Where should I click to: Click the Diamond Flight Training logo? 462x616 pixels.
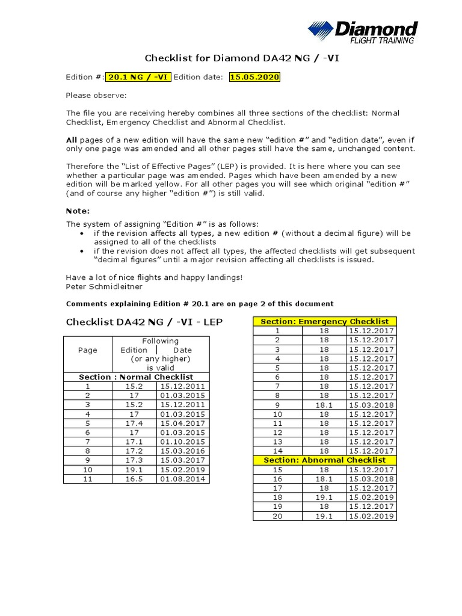tap(362, 32)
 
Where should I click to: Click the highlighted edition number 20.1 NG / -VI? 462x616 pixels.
tap(138, 77)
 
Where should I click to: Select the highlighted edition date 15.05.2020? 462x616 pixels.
tap(254, 77)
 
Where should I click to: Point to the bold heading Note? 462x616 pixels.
tap(77, 211)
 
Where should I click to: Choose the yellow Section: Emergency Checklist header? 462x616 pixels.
tap(324, 322)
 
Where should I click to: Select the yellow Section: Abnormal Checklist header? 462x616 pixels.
tap(324, 460)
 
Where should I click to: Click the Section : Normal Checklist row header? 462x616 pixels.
tap(136, 377)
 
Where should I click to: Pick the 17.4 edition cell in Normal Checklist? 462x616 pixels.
tap(134, 423)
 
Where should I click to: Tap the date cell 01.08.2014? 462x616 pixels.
tap(182, 479)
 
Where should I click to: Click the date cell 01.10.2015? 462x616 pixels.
tap(182, 442)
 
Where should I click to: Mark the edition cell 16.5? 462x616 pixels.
tap(134, 479)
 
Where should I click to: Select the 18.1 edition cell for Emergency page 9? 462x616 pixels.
tap(324, 405)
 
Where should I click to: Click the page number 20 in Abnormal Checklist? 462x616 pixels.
tap(277, 516)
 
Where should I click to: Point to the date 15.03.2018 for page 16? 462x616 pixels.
tap(371, 479)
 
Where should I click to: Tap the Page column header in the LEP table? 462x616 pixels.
tap(88, 350)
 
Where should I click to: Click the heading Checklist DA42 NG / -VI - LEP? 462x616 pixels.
tap(144, 322)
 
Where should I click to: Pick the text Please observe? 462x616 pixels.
tap(96, 95)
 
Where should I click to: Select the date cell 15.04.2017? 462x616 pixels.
tap(182, 423)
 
